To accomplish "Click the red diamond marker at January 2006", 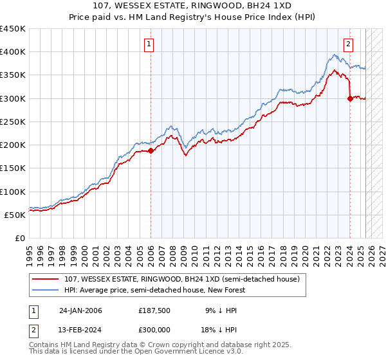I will click(151, 151).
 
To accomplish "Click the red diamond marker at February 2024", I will click(350, 98).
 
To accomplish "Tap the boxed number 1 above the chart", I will click(149, 44).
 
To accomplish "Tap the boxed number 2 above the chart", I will click(348, 44).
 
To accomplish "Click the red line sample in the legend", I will click(45, 279).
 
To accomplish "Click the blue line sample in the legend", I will click(45, 290).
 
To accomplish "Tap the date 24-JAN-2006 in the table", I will click(80, 310).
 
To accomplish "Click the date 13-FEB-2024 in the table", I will click(80, 328).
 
